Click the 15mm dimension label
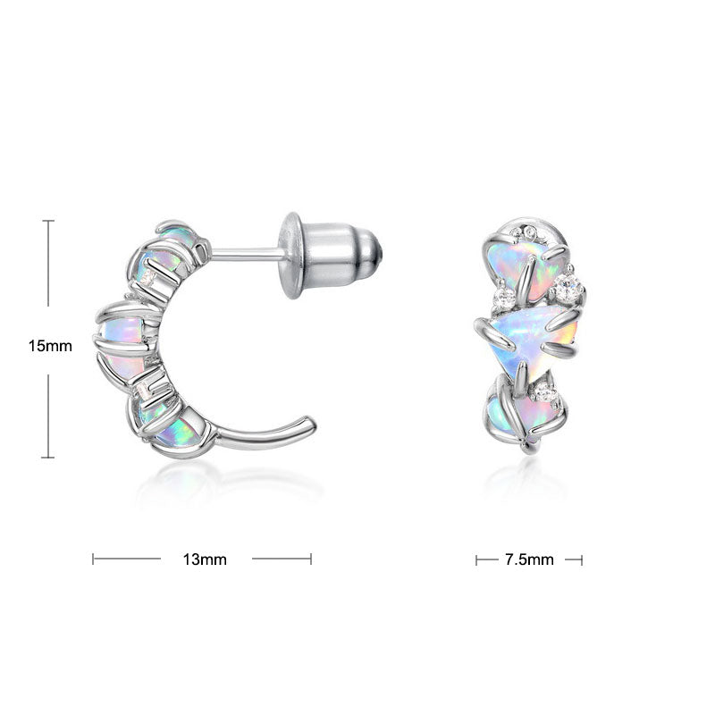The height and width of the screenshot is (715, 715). point(50,346)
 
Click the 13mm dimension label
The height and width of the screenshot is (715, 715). point(205,559)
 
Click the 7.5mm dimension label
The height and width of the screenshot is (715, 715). point(529,559)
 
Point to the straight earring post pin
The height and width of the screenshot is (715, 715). point(247,255)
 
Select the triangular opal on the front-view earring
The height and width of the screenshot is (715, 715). point(534,339)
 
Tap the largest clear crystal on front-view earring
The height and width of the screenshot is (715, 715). point(568,286)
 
